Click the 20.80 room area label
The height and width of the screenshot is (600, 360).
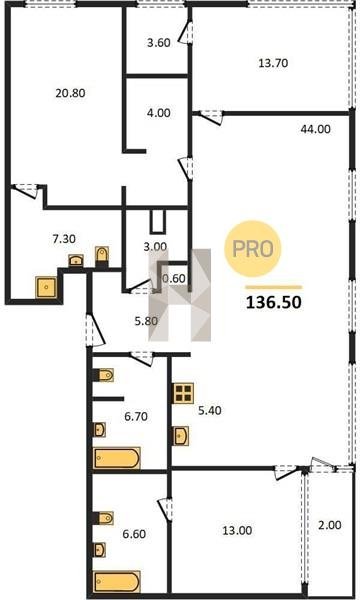pyautogui.click(x=70, y=93)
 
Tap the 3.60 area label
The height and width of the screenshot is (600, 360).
pyautogui.click(x=159, y=42)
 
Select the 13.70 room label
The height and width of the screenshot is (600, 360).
pyautogui.click(x=273, y=63)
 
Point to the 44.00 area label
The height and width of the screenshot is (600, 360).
pyautogui.click(x=315, y=129)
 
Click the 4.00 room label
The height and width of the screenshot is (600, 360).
pyautogui.click(x=159, y=113)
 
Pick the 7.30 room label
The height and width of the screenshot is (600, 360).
pyautogui.click(x=64, y=239)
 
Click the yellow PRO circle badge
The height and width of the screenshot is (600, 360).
pyautogui.click(x=252, y=249)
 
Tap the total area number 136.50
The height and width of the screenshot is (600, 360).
pyautogui.click(x=274, y=303)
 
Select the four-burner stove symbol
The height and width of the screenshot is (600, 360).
pyautogui.click(x=183, y=393)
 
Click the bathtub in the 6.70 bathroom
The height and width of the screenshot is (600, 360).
pyautogui.click(x=117, y=458)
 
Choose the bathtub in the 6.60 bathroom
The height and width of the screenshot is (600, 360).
pyautogui.click(x=117, y=582)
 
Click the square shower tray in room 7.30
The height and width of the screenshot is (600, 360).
pyautogui.click(x=47, y=287)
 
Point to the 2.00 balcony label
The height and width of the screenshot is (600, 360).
pyautogui.click(x=330, y=525)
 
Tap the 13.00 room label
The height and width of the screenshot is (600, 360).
pyautogui.click(x=237, y=531)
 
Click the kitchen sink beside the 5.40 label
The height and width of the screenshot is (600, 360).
pyautogui.click(x=181, y=435)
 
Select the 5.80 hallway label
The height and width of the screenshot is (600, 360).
pyautogui.click(x=146, y=321)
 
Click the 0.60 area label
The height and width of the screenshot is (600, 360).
pyautogui.click(x=174, y=279)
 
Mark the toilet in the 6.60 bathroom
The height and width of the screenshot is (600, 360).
pyautogui.click(x=104, y=518)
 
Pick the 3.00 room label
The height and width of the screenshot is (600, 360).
pyautogui.click(x=155, y=247)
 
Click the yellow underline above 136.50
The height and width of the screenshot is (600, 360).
pyautogui.click(x=274, y=287)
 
